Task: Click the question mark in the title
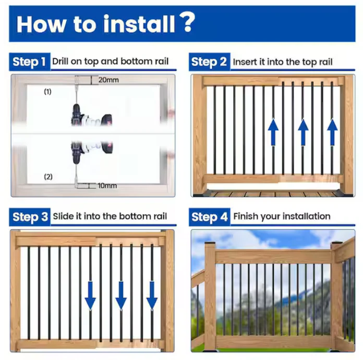[x=187, y=22]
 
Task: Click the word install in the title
[x=139, y=24]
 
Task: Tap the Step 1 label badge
[x=30, y=61]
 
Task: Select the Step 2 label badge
[x=210, y=61]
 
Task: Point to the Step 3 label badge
[x=30, y=217]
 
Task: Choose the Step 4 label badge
[x=210, y=217]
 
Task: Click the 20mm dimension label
[x=108, y=80]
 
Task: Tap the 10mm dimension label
[x=107, y=185]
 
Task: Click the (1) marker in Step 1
[x=47, y=92]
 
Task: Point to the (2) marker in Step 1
[x=48, y=177]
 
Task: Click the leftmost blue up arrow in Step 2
[x=273, y=132]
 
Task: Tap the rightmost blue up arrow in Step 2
[x=332, y=132]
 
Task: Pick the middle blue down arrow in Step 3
[x=121, y=296]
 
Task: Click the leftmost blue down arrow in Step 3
[x=90, y=296]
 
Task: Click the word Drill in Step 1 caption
[x=60, y=61]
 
